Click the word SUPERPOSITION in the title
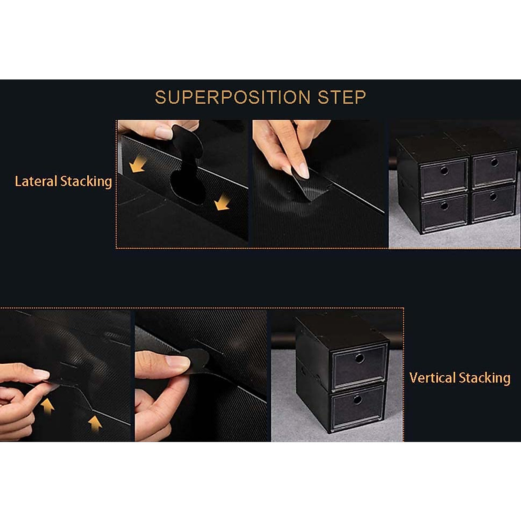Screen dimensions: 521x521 point(233,97)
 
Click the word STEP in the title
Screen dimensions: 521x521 point(342,97)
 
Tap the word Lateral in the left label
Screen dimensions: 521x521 point(36,181)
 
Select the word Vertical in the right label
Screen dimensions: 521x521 point(432,378)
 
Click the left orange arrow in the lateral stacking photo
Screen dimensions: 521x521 point(137,165)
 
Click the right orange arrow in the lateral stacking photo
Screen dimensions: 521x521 point(222,202)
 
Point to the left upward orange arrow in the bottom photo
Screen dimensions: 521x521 point(47,406)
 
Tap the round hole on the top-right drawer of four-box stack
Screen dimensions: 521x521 point(494,162)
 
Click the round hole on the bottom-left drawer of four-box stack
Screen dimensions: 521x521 point(444,206)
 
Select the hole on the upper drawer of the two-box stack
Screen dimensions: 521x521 point(359,358)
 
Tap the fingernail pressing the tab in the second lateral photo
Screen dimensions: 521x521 point(303,172)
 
